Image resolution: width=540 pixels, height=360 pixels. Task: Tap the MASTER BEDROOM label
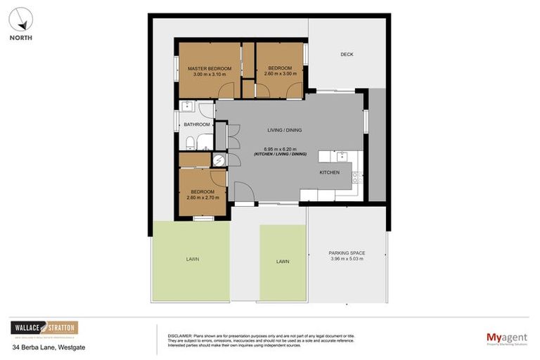(x=209, y=68)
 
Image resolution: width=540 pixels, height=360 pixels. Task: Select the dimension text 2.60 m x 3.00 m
(x=280, y=74)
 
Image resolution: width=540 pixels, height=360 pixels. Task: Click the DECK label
(x=347, y=54)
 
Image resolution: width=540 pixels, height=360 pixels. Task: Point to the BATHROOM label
(x=197, y=124)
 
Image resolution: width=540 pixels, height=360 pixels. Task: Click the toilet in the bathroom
(x=191, y=143)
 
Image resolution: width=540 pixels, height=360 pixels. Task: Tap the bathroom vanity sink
(x=186, y=107)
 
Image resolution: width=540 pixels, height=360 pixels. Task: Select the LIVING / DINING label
(x=285, y=129)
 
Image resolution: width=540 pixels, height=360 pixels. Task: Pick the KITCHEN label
(x=329, y=172)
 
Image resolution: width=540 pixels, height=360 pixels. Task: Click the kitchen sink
(x=341, y=156)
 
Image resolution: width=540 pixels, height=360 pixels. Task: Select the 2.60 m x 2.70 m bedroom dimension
(x=202, y=198)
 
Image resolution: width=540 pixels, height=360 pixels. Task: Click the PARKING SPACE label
(x=346, y=252)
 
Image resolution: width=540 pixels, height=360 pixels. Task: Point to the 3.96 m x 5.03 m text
(x=346, y=259)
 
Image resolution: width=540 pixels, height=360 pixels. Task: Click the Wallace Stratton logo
(x=44, y=328)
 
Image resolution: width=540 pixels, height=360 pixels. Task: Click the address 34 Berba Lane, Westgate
(x=48, y=347)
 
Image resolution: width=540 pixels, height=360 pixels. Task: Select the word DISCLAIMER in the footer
(x=181, y=334)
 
